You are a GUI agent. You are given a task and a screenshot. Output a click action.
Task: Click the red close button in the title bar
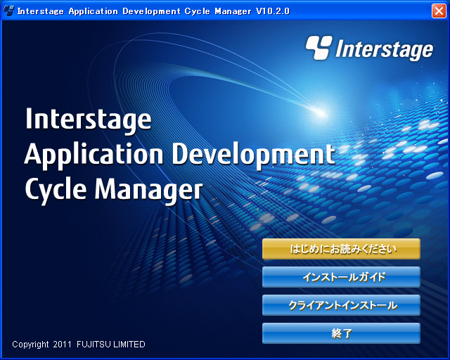click(x=439, y=11)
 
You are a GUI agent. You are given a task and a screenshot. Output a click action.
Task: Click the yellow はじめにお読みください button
click(x=341, y=249)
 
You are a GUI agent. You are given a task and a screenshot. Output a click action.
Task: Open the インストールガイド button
click(x=341, y=277)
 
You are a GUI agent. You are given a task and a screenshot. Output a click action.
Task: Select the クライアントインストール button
click(x=341, y=305)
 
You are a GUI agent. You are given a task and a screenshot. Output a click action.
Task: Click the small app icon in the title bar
click(x=8, y=11)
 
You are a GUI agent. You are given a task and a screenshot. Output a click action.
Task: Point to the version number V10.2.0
click(x=273, y=11)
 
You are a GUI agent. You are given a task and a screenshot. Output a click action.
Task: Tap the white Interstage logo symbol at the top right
click(x=319, y=48)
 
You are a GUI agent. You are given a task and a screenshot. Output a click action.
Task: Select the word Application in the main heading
click(x=94, y=155)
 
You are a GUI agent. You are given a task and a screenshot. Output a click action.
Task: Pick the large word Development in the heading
click(x=253, y=155)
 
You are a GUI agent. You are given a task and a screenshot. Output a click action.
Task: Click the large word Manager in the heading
click(x=149, y=190)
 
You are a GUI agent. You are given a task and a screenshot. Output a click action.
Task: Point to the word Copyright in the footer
click(x=30, y=345)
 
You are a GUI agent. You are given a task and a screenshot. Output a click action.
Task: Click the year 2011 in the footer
click(x=62, y=344)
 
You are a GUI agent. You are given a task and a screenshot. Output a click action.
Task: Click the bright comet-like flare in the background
click(x=320, y=112)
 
